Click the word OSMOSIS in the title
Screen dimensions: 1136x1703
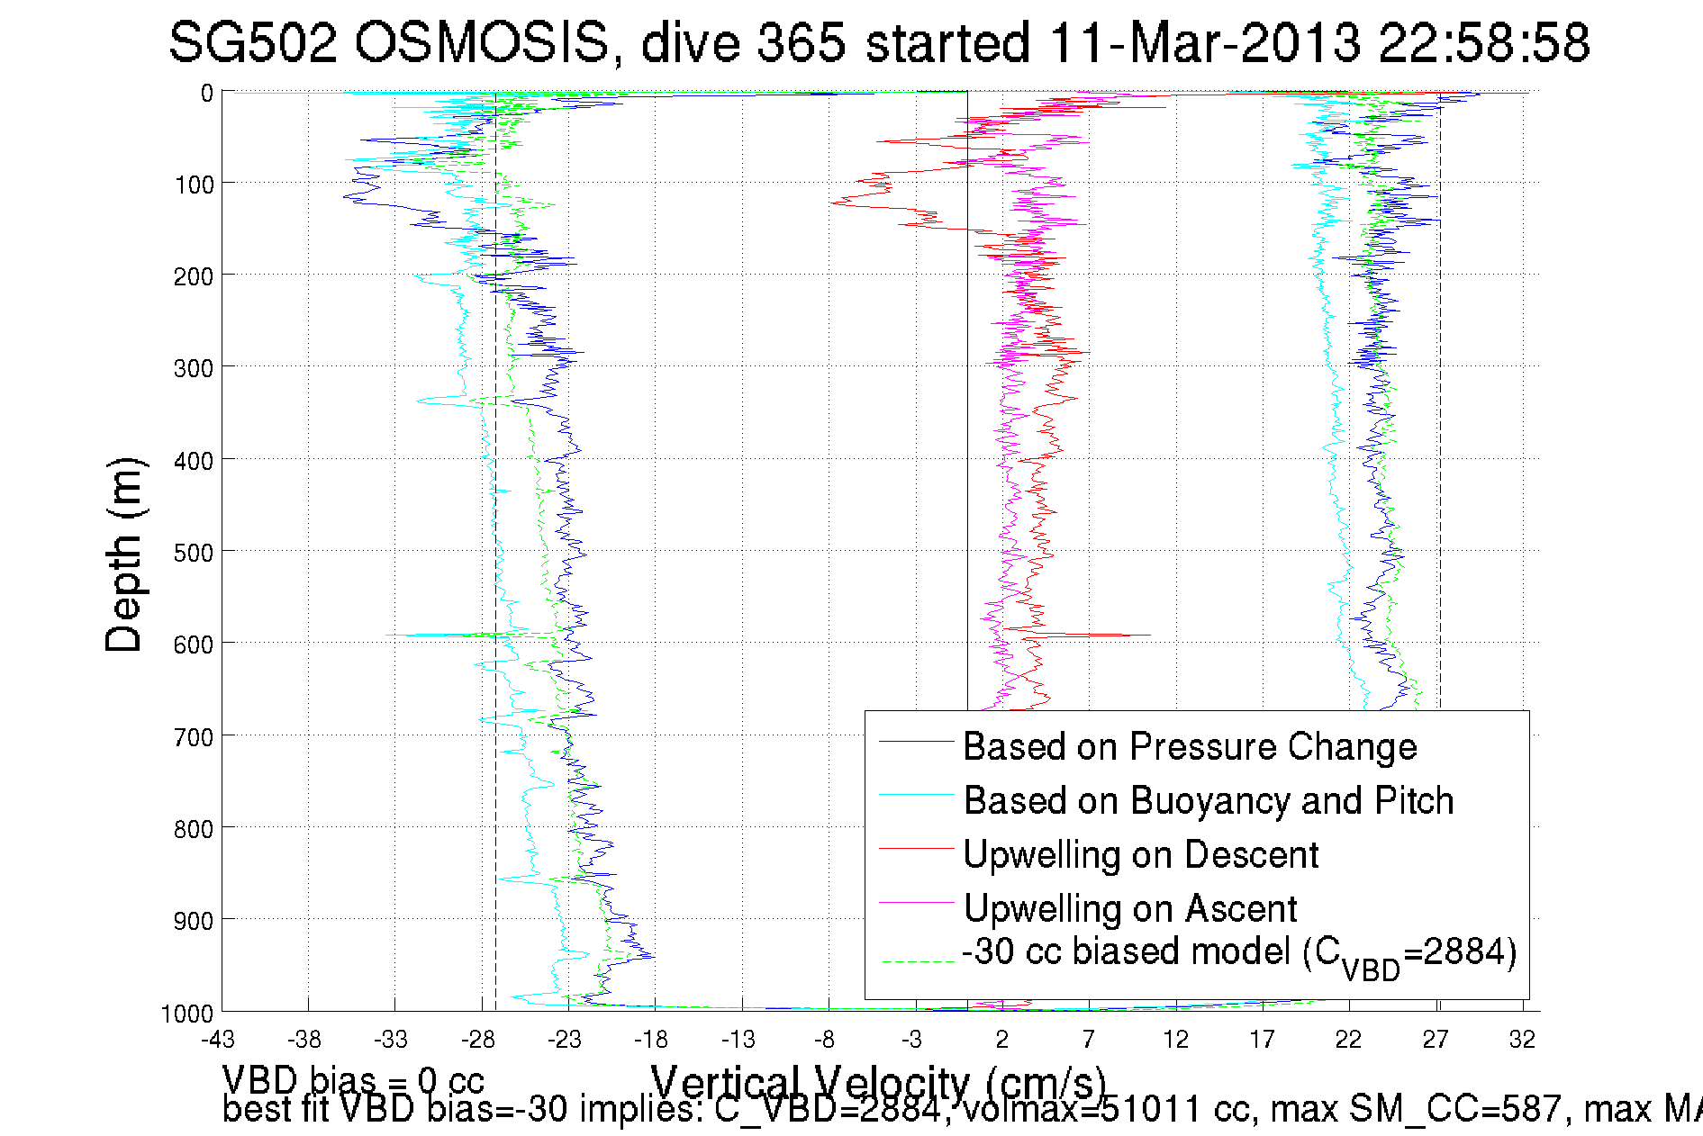click(483, 42)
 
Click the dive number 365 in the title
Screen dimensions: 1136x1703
click(801, 42)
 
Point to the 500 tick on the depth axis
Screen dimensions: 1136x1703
click(194, 552)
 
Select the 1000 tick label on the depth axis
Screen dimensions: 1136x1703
click(187, 1014)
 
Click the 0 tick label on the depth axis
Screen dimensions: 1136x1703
click(207, 93)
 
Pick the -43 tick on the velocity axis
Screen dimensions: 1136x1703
click(218, 1040)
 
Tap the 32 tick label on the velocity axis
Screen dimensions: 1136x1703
click(1522, 1040)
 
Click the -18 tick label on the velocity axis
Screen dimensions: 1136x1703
click(651, 1040)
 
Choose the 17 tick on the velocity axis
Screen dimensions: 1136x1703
click(1262, 1040)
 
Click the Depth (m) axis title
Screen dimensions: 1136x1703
click(123, 554)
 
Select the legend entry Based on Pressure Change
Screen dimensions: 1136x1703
click(1190, 746)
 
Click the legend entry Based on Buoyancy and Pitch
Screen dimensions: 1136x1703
click(1208, 800)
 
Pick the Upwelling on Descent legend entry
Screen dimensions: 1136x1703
click(1140, 854)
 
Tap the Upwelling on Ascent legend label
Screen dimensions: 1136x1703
click(1129, 908)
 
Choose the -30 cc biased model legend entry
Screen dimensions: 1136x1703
click(1238, 954)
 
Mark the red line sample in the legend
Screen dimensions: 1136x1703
click(916, 848)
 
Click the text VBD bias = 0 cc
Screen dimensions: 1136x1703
click(353, 1080)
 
